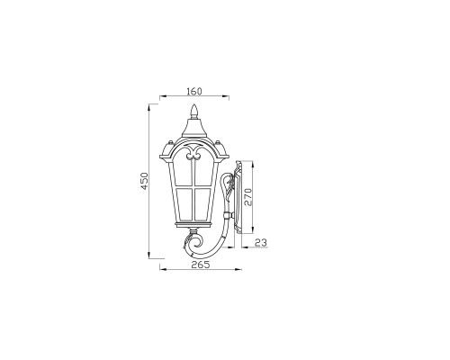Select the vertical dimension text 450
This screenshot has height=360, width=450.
pos(143,183)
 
